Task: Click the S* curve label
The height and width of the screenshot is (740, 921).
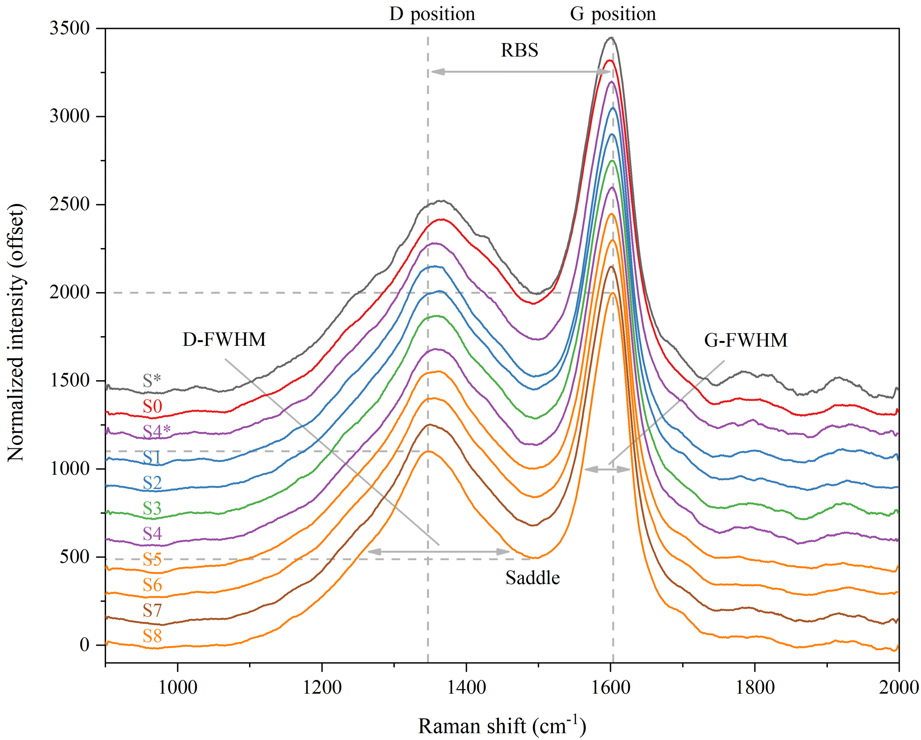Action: [151, 381]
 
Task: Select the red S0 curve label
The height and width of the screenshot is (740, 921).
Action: [152, 406]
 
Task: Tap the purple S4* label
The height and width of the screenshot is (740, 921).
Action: [156, 431]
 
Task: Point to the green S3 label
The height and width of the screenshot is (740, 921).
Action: [152, 508]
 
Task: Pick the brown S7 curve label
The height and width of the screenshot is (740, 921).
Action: [152, 610]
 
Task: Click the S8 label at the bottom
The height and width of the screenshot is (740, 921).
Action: [152, 636]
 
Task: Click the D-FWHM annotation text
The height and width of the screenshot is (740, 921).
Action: [224, 340]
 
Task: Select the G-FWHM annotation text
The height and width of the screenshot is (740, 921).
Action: [746, 340]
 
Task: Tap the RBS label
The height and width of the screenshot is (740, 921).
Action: [520, 50]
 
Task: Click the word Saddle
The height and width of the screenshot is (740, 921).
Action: [532, 578]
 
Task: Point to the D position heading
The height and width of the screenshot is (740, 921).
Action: [432, 14]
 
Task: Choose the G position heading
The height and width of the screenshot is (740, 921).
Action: [613, 14]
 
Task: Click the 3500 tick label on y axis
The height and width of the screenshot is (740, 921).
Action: [70, 28]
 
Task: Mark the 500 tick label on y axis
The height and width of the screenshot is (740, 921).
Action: [74, 557]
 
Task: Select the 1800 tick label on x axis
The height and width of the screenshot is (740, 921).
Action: [755, 687]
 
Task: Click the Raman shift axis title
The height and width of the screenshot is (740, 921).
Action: [502, 726]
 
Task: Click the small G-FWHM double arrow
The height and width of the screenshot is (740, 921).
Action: [607, 469]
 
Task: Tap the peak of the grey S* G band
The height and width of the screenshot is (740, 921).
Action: [611, 38]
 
